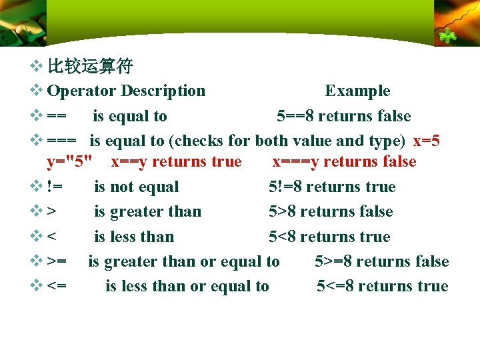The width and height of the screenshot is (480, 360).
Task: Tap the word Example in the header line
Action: click(357, 91)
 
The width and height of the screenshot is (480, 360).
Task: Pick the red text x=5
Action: click(426, 141)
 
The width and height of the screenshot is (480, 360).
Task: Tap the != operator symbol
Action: click(55, 187)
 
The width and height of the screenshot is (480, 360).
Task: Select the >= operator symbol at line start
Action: click(57, 262)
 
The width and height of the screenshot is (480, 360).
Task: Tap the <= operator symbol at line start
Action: click(57, 287)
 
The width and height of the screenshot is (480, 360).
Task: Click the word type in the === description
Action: click(386, 141)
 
